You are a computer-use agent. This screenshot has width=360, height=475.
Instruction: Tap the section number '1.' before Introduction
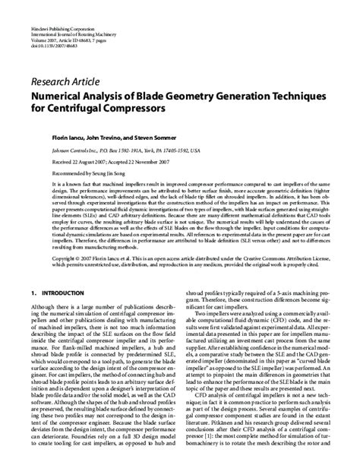coord(33,270)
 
